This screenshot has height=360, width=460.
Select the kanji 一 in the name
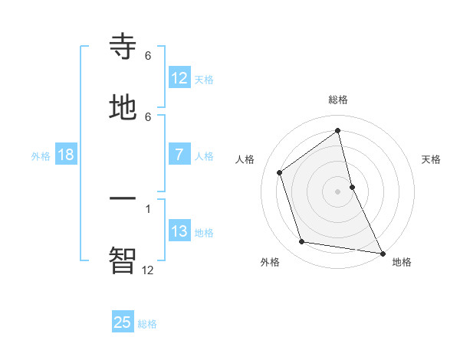coord(123,198)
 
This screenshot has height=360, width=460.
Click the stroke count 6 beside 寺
coord(148,56)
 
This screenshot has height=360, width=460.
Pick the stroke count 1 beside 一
coord(148,208)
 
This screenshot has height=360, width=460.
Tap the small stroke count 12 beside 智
coord(148,270)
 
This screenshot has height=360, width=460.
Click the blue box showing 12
coord(179,78)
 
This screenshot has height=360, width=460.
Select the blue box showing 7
coord(179,155)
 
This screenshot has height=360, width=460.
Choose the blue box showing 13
coord(179,231)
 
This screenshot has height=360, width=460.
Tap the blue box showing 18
coord(66,155)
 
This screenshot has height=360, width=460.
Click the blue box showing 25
coord(123,322)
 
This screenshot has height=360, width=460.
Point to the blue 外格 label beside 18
coord(41,155)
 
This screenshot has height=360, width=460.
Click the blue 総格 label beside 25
coord(147,324)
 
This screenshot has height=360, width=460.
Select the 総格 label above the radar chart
coord(338,100)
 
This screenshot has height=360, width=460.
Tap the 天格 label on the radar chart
coord(432,159)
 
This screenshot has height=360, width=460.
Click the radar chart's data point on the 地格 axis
coord(382,253)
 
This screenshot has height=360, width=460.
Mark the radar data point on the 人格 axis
coord(280,172)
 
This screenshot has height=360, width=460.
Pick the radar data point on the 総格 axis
coord(338,131)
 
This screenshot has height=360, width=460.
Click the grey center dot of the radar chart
coord(338,191)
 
